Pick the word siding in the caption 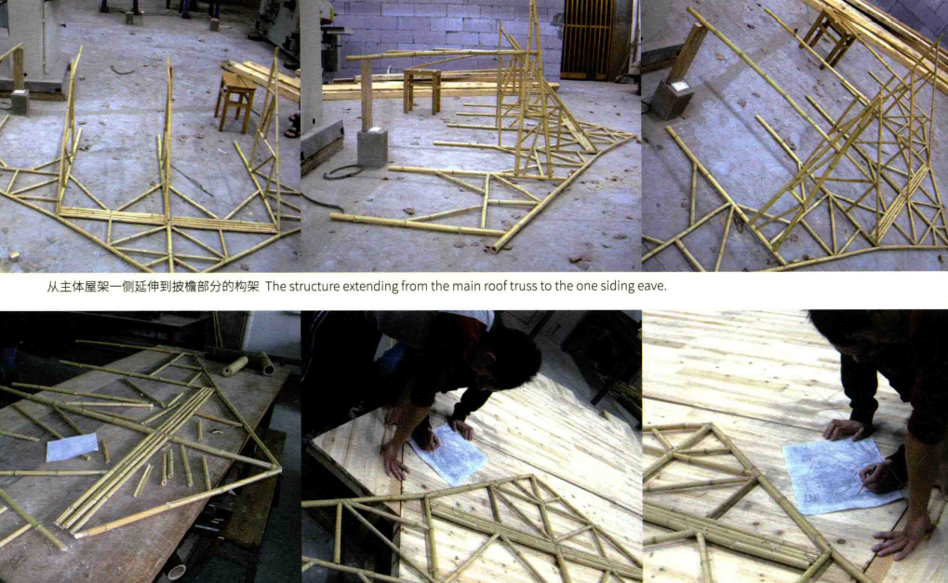[617, 286]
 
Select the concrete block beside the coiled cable [372, 148]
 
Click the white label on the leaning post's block [681, 87]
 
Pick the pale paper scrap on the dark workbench [72, 447]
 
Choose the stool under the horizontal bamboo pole [422, 90]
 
